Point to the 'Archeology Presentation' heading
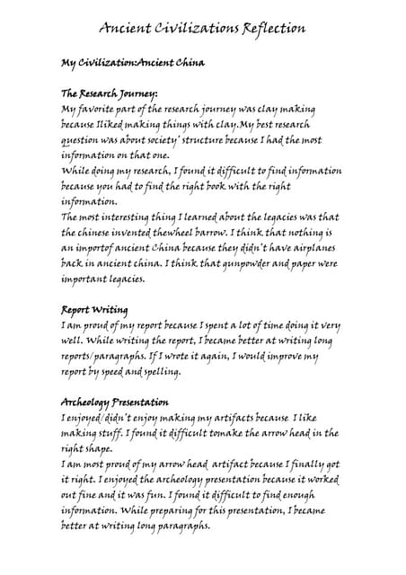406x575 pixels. point(114,402)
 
